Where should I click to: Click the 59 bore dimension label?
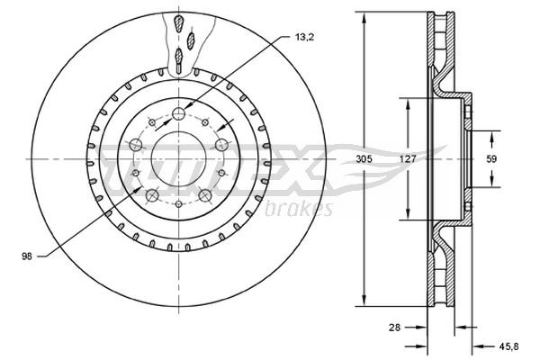tap(491, 159)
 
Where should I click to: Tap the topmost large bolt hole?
tap(179, 113)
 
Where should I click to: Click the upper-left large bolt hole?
tap(136, 145)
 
